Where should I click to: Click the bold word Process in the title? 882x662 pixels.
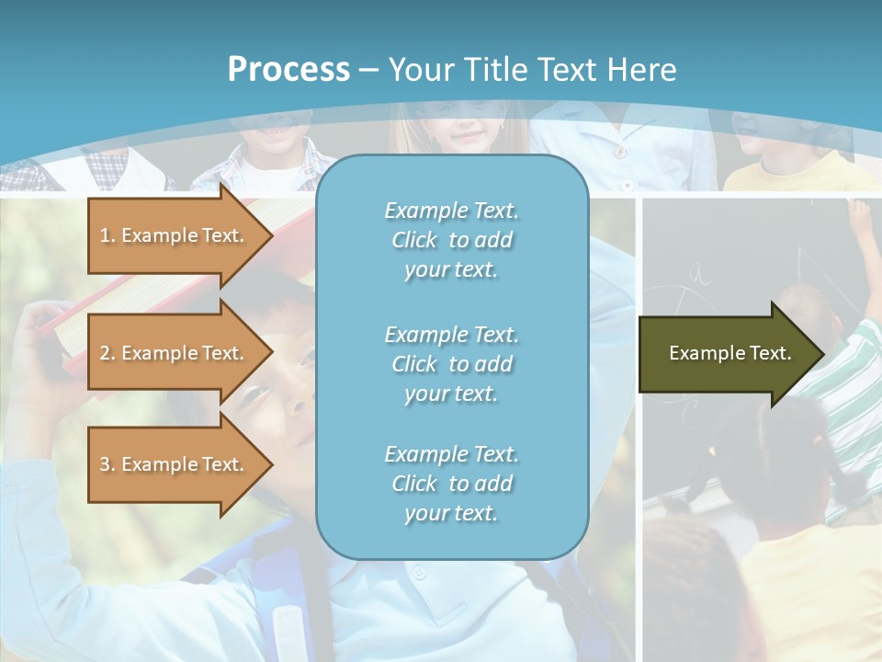(x=288, y=70)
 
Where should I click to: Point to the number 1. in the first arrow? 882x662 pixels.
(x=107, y=235)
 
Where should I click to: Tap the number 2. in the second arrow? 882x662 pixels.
(x=107, y=353)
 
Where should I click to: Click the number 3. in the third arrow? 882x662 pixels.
(x=107, y=464)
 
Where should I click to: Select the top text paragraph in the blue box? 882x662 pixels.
(x=451, y=240)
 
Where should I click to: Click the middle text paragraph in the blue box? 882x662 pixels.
(x=451, y=364)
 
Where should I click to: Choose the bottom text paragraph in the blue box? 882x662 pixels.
(x=451, y=484)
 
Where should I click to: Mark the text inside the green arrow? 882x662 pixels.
(x=730, y=353)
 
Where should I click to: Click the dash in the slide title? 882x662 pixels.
(x=368, y=70)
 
